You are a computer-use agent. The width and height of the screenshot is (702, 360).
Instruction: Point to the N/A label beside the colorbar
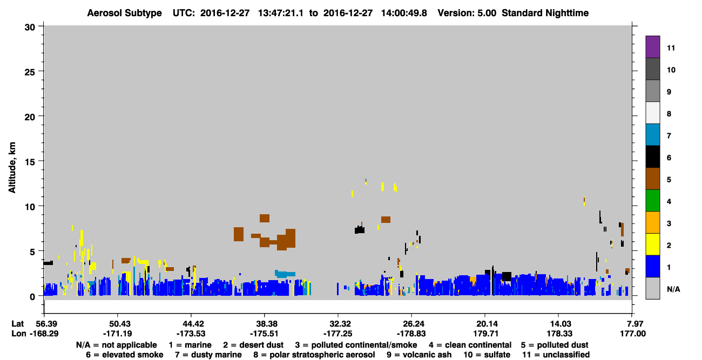pyautogui.click(x=673, y=289)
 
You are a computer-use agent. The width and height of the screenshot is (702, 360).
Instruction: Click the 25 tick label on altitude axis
pyautogui.click(x=30, y=72)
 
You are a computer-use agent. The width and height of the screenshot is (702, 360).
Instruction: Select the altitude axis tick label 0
pyautogui.click(x=32, y=297)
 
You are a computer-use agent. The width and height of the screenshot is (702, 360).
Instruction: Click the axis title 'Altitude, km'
pyautogui.click(x=12, y=168)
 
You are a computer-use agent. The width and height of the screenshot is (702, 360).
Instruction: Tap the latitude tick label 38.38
pyautogui.click(x=265, y=324)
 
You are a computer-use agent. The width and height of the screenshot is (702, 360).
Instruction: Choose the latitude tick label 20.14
pyautogui.click(x=485, y=324)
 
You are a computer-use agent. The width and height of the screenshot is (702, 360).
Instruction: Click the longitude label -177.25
pyautogui.click(x=338, y=334)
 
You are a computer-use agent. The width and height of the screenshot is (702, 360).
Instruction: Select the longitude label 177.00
pyautogui.click(x=633, y=334)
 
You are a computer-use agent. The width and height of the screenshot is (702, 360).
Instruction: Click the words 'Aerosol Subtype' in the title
pyautogui.click(x=124, y=13)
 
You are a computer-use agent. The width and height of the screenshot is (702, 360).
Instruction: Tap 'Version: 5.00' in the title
pyautogui.click(x=467, y=13)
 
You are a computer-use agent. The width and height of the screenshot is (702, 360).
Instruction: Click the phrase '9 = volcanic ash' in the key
pyautogui.click(x=419, y=355)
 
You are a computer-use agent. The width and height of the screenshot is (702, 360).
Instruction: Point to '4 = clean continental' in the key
pyautogui.click(x=470, y=345)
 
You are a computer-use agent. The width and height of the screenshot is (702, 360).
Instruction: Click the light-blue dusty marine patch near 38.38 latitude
pyautogui.click(x=285, y=274)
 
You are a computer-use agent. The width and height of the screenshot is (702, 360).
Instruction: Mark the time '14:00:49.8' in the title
pyautogui.click(x=404, y=13)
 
